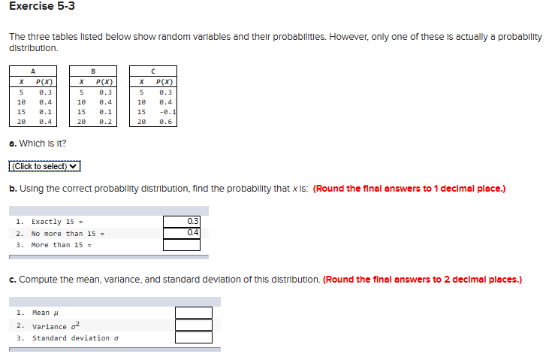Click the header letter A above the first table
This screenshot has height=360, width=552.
coord(33,71)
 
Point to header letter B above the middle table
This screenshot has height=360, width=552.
coord(93,71)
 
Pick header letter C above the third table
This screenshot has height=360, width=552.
coord(154,71)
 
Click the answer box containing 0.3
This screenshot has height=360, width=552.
coord(182,221)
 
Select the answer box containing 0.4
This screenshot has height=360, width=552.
coord(182,232)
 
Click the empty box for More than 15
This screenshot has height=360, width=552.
coord(182,244)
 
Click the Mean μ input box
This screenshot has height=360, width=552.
coord(194,313)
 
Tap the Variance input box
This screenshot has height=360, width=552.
coord(194,325)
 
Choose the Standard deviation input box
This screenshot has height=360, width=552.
coord(194,337)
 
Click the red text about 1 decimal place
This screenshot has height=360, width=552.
coord(409,189)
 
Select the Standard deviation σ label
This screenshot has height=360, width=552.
coord(74,338)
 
